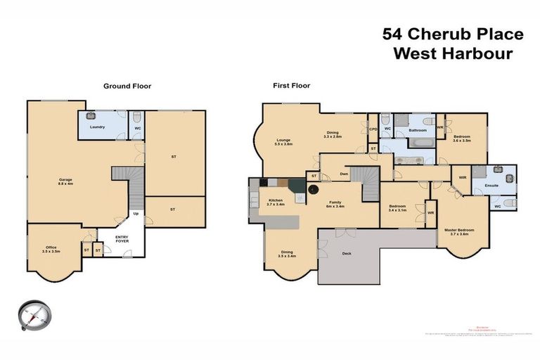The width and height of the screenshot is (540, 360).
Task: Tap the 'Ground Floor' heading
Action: (127, 86)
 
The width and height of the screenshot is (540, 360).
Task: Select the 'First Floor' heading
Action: (291, 86)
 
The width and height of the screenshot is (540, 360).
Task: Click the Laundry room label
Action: (93, 127)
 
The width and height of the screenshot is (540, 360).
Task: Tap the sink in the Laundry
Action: (91, 117)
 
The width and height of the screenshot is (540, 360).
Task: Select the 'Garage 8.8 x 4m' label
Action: (65, 182)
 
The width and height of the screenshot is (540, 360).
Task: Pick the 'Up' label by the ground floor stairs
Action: (134, 214)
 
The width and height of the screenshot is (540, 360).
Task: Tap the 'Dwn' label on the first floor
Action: (344, 174)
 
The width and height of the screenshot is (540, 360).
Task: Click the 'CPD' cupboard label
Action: (373, 129)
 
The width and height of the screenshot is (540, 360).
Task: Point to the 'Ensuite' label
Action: (491, 186)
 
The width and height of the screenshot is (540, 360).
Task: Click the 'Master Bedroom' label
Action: (458, 231)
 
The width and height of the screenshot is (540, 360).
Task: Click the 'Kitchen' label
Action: (276, 202)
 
